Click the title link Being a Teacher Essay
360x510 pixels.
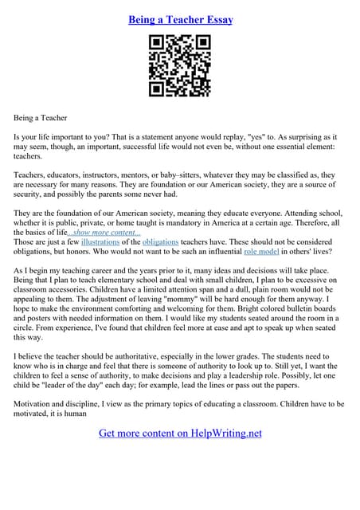point(180,19)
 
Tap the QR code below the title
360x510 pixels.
point(180,66)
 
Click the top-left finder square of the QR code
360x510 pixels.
point(158,44)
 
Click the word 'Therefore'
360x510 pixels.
point(307,222)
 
